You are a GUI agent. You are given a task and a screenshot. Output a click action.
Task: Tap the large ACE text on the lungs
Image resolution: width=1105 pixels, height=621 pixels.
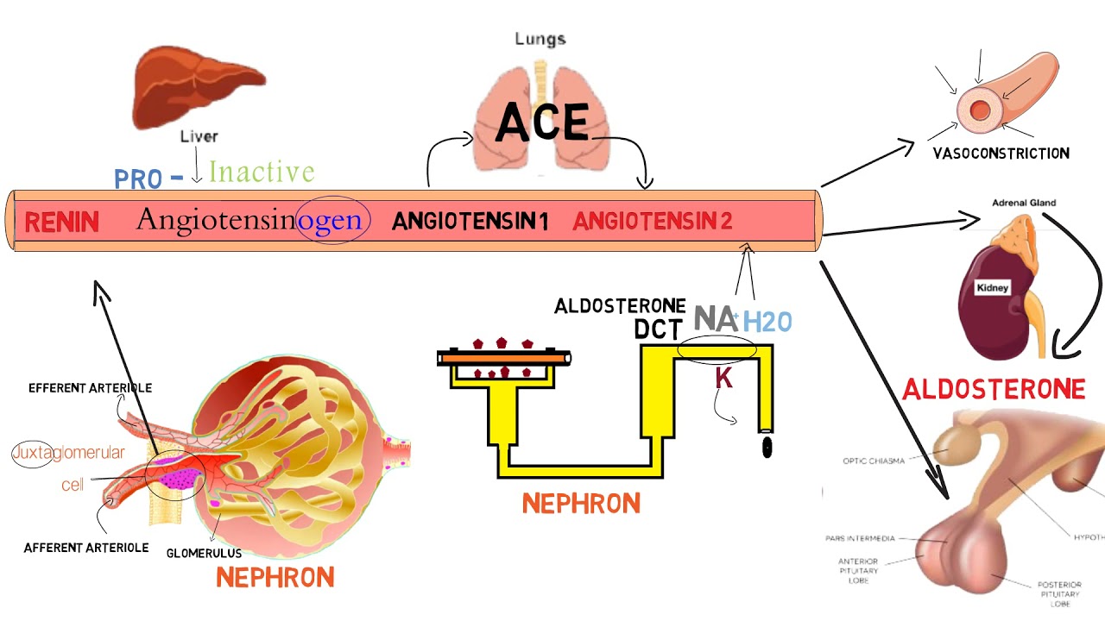[542, 122]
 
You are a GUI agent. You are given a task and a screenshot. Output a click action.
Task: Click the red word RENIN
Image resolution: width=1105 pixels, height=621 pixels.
[61, 223]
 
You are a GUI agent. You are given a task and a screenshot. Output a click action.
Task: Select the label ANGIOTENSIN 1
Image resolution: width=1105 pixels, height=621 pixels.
[470, 222]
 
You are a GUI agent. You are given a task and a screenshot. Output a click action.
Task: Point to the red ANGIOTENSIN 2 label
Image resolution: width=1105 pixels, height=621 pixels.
[652, 222]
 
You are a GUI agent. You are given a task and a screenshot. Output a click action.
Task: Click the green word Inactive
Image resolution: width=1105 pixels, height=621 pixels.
[261, 172]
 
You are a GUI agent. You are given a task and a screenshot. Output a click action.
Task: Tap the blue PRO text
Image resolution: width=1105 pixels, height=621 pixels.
[138, 179]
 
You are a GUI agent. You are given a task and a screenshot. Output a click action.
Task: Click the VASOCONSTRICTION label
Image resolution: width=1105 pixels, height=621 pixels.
[1001, 154]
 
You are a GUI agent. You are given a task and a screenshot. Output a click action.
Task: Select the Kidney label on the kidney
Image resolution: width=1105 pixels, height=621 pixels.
[992, 287]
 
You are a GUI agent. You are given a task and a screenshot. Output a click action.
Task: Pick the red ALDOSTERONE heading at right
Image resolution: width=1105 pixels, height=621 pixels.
[993, 390]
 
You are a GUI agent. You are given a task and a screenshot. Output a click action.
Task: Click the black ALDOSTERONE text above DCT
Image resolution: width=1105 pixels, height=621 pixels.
[620, 306]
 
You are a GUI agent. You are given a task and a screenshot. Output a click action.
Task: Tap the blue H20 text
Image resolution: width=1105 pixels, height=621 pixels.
[767, 322]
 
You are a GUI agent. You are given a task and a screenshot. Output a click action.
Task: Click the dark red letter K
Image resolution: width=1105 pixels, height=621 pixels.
[723, 378]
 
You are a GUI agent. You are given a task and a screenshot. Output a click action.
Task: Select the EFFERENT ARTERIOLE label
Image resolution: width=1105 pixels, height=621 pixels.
[90, 388]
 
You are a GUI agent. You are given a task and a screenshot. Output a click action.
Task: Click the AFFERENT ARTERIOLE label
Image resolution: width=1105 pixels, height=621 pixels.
[86, 548]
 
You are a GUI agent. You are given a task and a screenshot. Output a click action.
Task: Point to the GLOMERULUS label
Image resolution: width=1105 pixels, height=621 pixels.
[204, 553]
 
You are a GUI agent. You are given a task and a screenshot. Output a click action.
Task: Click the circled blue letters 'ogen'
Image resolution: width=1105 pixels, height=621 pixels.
[330, 220]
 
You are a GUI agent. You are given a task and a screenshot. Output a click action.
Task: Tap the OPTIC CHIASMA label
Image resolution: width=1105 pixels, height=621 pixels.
[874, 461]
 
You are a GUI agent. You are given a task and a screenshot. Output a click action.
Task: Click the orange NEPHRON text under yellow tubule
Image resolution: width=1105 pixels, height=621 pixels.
[581, 503]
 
